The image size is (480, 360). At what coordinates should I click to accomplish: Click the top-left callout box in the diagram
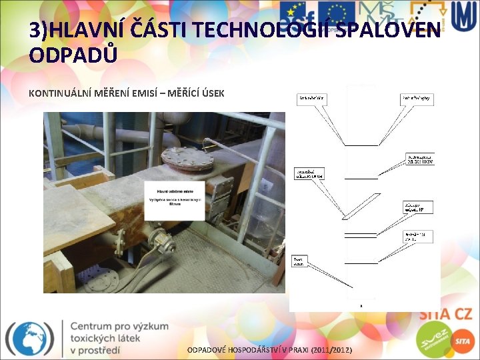pos(311,99)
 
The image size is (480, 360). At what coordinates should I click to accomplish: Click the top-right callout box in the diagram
pos(417,99)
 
